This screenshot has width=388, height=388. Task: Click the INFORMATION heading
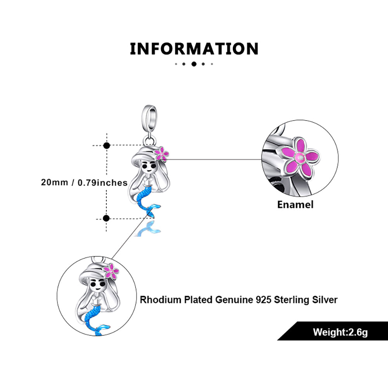[x=194, y=49]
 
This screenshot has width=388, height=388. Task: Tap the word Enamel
[x=295, y=204]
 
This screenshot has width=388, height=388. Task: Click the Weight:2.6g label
[x=340, y=332]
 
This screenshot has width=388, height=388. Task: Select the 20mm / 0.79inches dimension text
[x=84, y=182]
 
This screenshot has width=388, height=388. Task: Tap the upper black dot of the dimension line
[x=107, y=145]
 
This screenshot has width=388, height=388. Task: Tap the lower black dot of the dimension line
[x=107, y=218]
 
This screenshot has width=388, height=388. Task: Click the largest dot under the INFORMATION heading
[x=194, y=64]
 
